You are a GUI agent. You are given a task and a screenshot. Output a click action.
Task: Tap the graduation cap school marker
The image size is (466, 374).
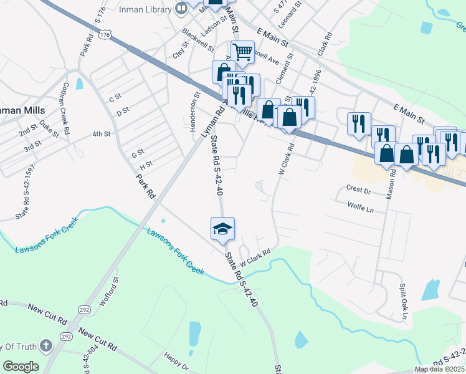tap(222, 229)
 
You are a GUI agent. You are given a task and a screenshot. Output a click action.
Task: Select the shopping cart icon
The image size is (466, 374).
tap(242, 52)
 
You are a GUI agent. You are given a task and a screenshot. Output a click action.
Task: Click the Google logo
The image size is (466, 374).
tap(21, 366)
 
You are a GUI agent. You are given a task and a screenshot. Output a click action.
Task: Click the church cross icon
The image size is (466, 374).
tap(46, 346)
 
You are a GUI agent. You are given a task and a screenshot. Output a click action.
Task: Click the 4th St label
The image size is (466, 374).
tap(101, 134)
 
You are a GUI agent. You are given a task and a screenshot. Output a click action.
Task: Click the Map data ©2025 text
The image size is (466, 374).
tap(439, 369)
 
